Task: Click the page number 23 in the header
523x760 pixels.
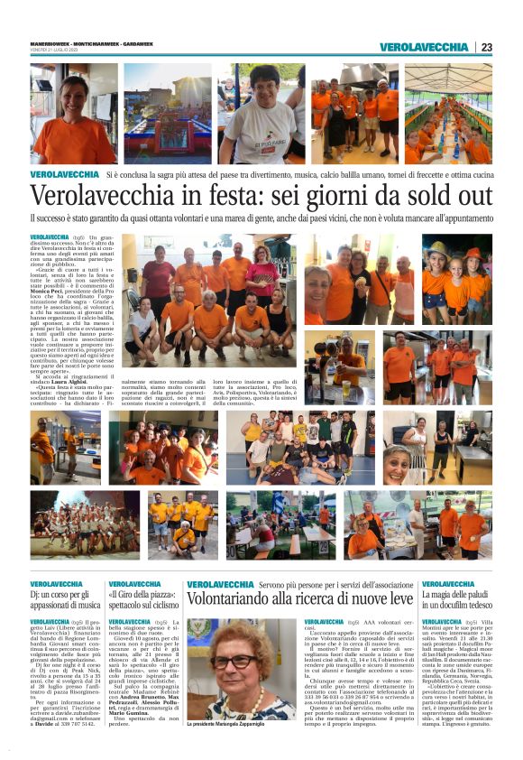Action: [x=487, y=47]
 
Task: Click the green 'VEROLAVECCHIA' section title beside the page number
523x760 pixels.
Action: [x=424, y=47]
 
